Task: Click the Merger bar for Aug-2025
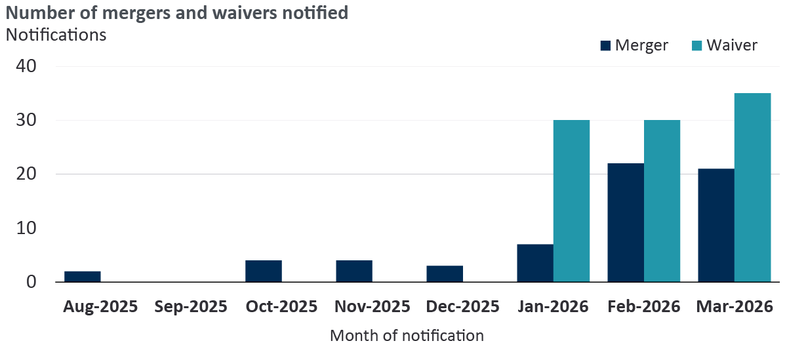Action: point(83,277)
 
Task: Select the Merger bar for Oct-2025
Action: point(264,271)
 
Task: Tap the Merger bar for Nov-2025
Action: point(354,271)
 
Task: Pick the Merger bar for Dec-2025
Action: point(445,274)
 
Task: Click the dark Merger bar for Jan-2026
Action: point(535,263)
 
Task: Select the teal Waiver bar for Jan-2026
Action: point(572,201)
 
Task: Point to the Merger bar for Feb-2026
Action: point(626,223)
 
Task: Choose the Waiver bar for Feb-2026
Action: point(662,201)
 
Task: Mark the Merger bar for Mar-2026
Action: point(716,226)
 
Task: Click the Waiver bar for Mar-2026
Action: point(753,188)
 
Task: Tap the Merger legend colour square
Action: point(605,45)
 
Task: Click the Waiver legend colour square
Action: point(696,45)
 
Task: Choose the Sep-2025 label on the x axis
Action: point(192,306)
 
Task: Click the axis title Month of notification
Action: point(407,336)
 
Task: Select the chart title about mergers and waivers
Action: point(177,12)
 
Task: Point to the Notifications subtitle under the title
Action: point(56,35)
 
